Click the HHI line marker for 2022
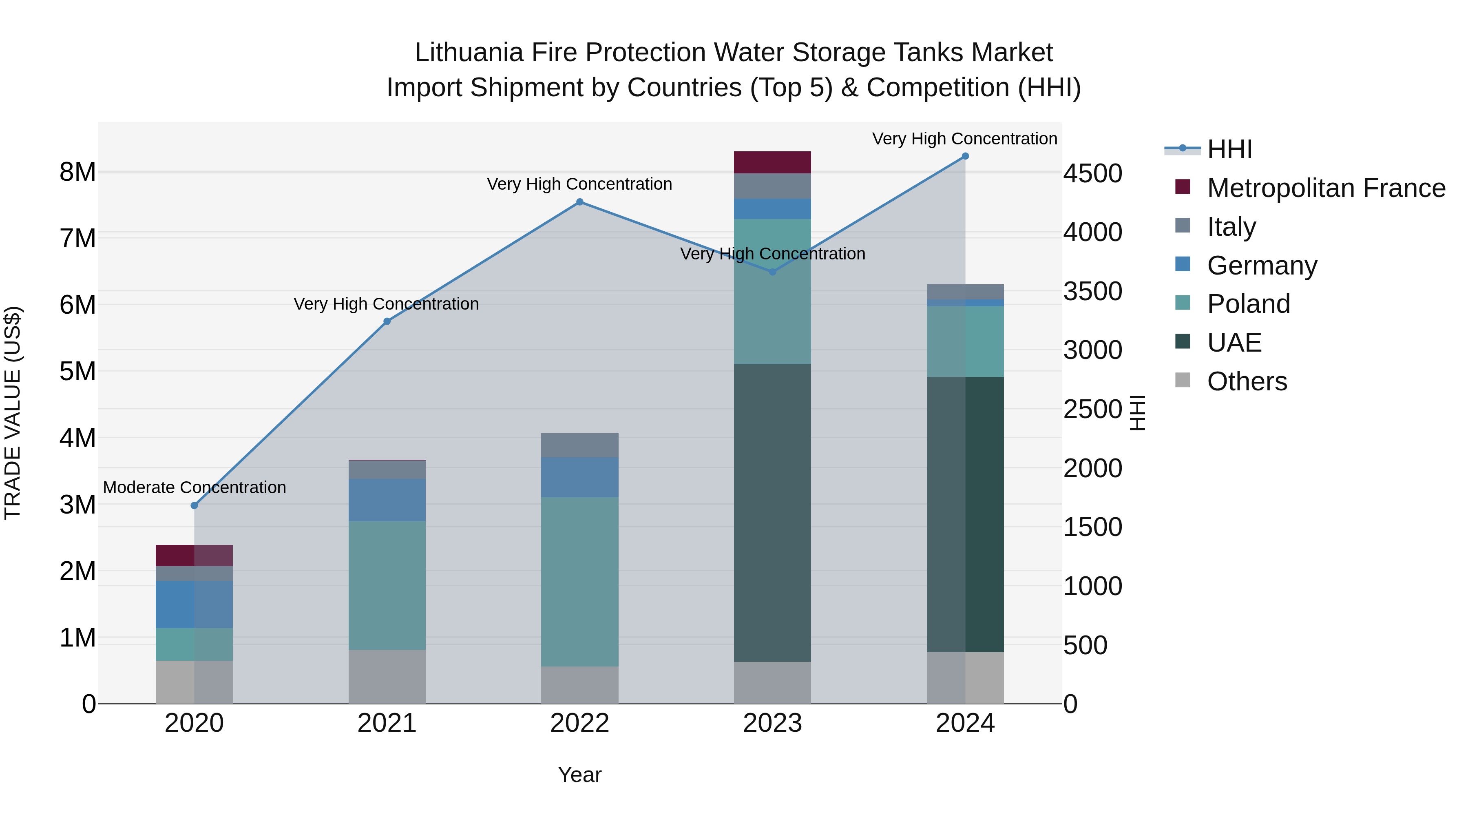tap(579, 202)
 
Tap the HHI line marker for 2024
tap(965, 156)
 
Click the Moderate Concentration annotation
tap(195, 488)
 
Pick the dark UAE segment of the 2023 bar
tap(772, 513)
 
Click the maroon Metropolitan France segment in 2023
tap(772, 162)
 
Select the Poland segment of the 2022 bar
tap(579, 581)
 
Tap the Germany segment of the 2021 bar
tap(387, 500)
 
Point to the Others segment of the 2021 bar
tap(387, 677)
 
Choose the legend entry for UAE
tap(1234, 343)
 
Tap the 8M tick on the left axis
tap(77, 172)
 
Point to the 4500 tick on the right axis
tap(1092, 174)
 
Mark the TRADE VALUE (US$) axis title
tap(13, 413)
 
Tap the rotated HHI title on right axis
tap(1137, 413)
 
